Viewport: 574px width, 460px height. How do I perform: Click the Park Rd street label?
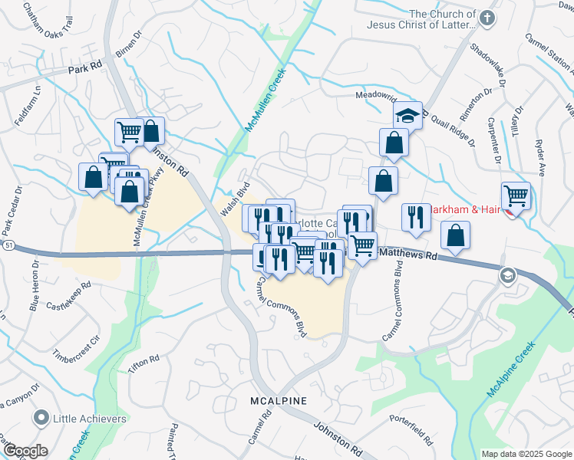[x=84, y=69]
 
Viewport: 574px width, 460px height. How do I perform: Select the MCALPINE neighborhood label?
[x=278, y=401]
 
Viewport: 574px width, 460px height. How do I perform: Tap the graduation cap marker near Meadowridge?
[x=408, y=116]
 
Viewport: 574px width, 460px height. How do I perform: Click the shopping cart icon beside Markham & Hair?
[x=516, y=196]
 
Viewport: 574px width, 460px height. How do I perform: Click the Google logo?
[x=25, y=451]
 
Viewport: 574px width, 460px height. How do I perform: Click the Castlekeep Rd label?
[x=68, y=296]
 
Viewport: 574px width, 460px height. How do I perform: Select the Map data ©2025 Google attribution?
[x=526, y=454]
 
